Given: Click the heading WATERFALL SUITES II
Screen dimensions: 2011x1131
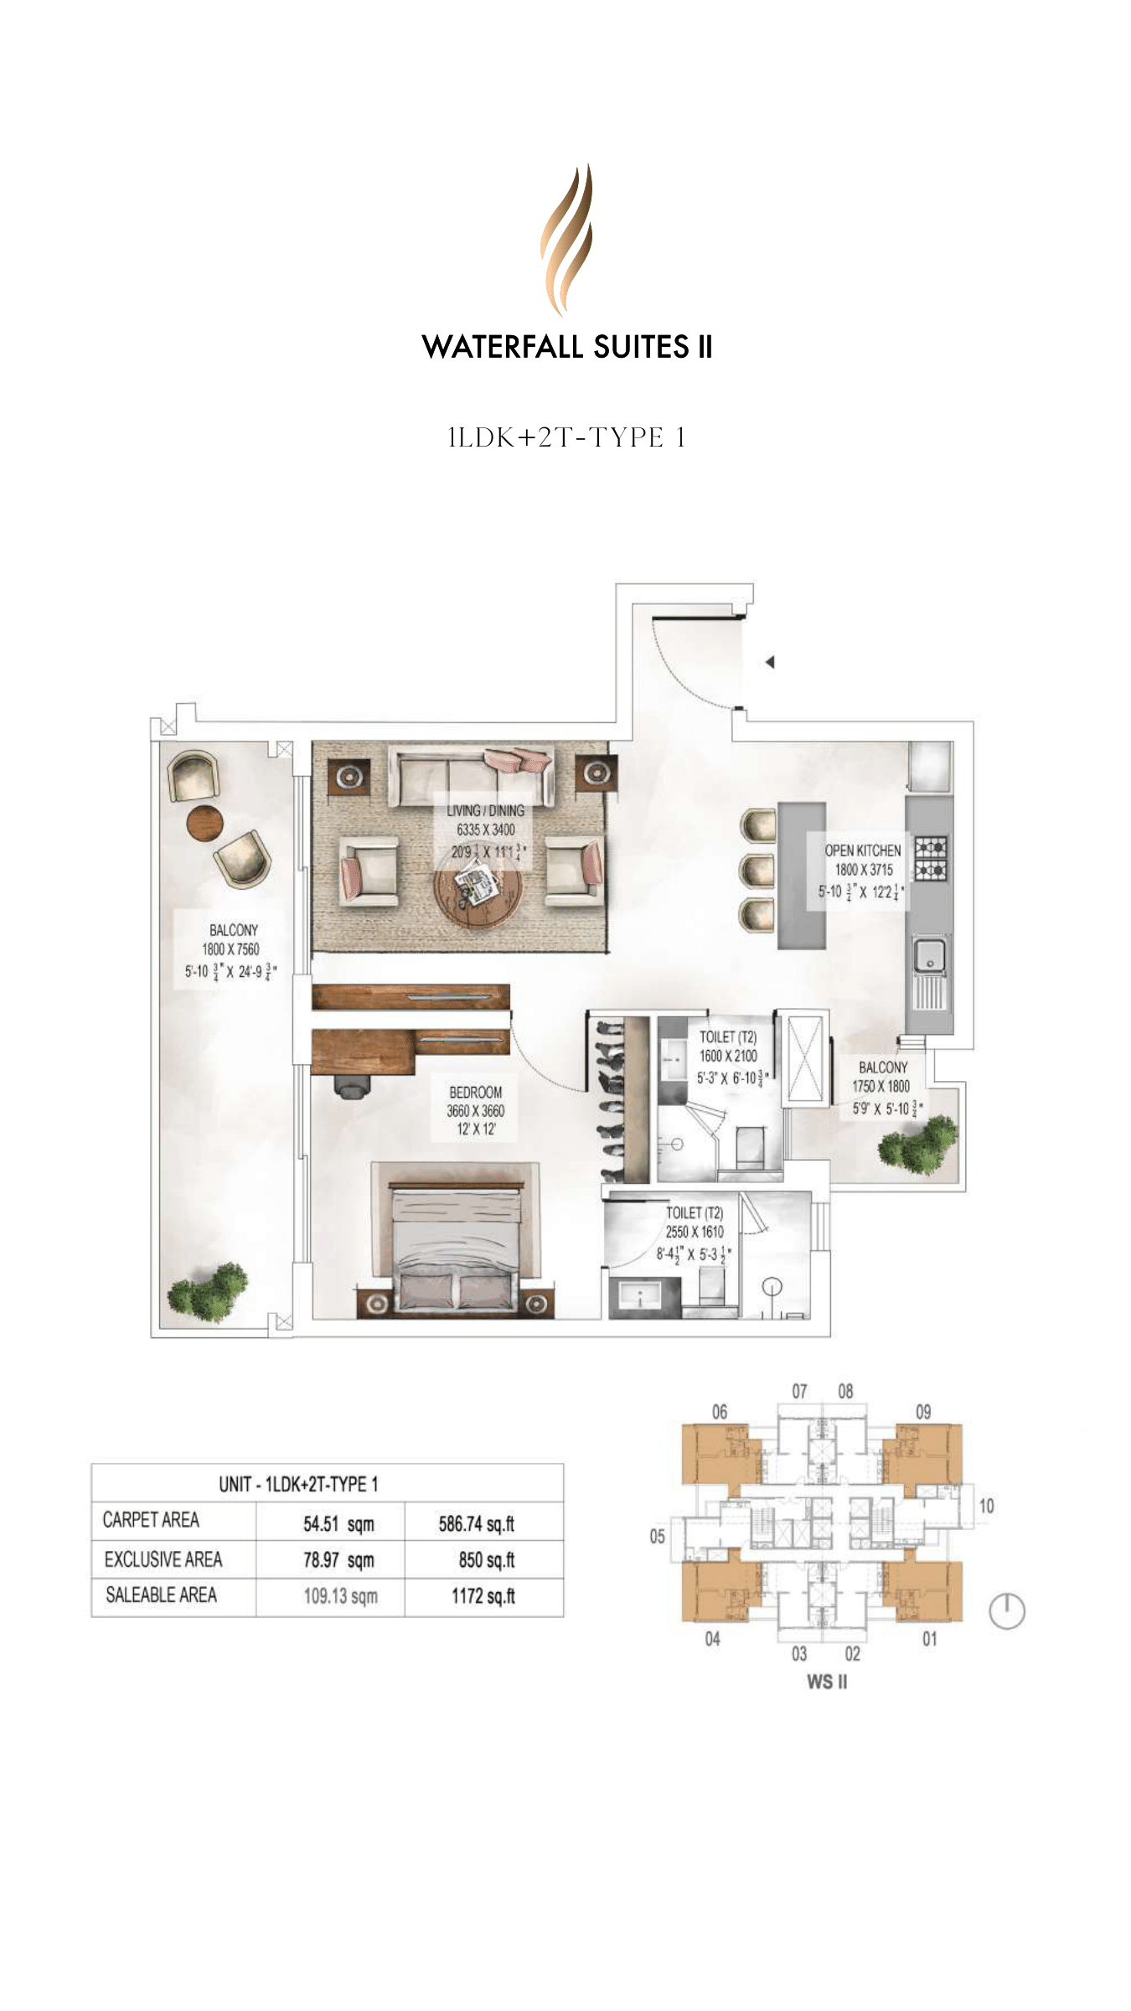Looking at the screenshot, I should coord(566,347).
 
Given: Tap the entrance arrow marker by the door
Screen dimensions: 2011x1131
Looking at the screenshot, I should coord(769,662).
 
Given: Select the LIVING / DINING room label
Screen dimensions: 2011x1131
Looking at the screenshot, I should coord(485,810).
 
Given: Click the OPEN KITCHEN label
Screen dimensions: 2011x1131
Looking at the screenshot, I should coord(862,850).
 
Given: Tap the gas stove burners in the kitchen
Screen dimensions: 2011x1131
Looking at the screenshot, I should coord(930,858).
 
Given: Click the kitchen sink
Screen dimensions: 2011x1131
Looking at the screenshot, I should coord(928,954).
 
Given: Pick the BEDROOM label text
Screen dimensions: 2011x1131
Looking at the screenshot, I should coord(475,1092).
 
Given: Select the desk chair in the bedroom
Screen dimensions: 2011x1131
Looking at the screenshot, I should coord(353,1086).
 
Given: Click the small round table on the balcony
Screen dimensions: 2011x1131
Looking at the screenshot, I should coord(204,822).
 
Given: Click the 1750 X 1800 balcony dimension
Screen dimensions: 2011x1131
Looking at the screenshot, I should coord(881,1086).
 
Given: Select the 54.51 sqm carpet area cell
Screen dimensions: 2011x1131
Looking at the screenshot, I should coord(338,1524).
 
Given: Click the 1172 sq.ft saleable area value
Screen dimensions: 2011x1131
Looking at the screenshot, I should coord(483,1595).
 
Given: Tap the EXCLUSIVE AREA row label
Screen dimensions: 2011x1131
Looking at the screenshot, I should coord(163,1559).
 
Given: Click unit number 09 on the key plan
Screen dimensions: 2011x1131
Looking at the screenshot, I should coord(922,1411).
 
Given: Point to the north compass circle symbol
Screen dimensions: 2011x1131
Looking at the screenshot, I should coord(1007,1610).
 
